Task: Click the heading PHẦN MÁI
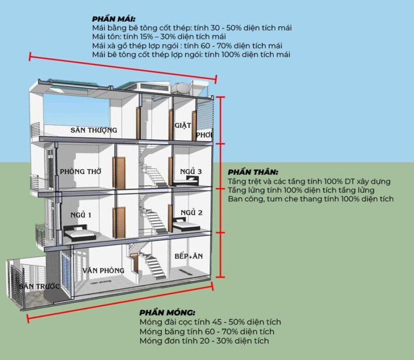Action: pos(111,19)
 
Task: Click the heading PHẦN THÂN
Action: pos(253,172)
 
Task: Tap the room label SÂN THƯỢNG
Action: pos(94,130)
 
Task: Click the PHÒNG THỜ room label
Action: pos(80,171)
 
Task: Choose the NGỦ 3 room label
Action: pos(191,171)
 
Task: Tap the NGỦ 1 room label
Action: pos(81,215)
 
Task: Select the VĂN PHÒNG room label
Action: pos(103,270)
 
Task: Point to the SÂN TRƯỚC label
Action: pos(39,286)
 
